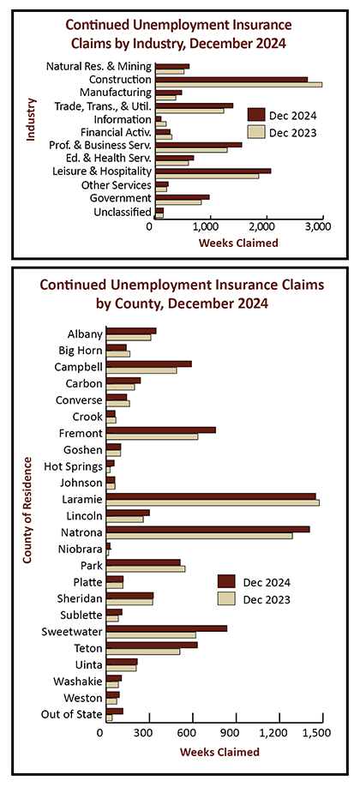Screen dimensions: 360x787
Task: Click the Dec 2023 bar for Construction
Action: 239,84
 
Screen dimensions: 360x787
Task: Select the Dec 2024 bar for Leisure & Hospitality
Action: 213,171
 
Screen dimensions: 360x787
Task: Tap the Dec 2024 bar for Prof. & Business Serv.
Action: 199,145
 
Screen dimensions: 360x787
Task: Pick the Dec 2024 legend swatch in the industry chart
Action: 256,116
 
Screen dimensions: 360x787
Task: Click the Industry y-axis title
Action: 31,120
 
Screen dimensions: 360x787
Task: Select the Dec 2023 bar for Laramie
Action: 213,502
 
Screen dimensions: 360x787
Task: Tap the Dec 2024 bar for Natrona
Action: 208,529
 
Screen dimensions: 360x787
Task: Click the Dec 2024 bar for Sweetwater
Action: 166,628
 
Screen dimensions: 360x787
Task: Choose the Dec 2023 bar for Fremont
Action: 152,436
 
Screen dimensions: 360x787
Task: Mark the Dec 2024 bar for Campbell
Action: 149,363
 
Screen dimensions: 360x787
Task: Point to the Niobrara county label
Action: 85,549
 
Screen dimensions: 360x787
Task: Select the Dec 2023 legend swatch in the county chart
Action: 226,598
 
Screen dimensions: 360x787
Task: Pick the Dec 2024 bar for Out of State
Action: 115,711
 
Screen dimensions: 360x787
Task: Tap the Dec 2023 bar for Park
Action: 146,568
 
